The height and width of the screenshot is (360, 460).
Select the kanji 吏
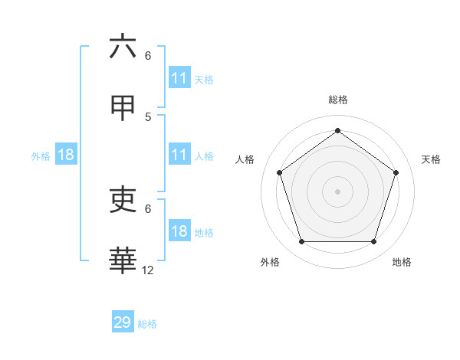[x=123, y=200]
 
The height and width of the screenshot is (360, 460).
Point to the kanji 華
[x=123, y=261]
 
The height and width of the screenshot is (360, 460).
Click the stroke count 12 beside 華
[x=148, y=270]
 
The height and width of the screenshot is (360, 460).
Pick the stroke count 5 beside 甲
[x=148, y=116]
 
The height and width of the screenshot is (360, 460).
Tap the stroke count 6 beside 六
[x=148, y=55]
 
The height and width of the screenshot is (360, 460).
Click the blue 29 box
[x=123, y=322]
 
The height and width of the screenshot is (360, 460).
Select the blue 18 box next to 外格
[x=66, y=155]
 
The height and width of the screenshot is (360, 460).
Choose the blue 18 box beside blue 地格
[x=179, y=231]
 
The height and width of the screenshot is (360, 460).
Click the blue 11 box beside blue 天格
[x=179, y=78]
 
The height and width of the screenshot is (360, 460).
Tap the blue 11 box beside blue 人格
[x=179, y=155]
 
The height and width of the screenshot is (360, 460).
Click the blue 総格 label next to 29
[x=147, y=324]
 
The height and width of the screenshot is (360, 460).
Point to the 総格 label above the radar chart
[x=337, y=100]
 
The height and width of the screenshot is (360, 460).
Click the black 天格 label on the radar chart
[x=432, y=159]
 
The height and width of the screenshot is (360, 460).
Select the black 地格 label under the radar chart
[x=402, y=262]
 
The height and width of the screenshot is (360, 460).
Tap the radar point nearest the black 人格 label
[x=279, y=172]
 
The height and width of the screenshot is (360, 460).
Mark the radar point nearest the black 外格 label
[x=301, y=242]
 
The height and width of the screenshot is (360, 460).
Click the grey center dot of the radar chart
[x=337, y=191]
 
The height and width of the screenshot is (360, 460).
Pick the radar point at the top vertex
[x=337, y=130]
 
